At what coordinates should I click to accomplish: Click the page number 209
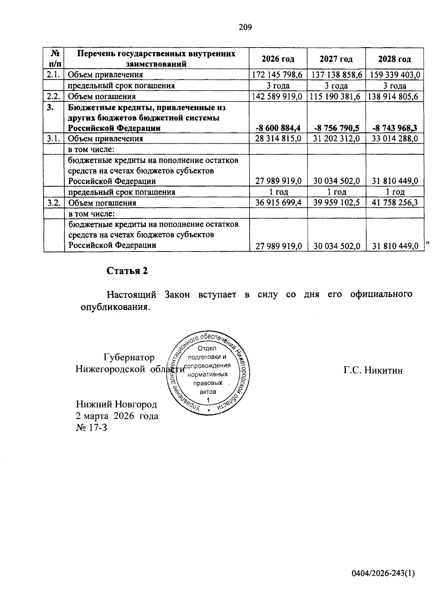245,27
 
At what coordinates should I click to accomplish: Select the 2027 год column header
336,59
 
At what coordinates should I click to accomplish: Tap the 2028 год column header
395,59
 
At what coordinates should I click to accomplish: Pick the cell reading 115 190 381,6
336,97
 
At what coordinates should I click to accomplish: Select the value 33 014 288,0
395,139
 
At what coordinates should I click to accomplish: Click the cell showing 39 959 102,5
336,203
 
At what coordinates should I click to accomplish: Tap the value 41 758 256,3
395,203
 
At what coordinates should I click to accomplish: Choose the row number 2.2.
53,97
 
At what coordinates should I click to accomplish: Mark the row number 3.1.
53,139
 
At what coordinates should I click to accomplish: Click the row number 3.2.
53,203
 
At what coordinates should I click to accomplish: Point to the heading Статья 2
127,271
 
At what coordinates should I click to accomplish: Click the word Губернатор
129,358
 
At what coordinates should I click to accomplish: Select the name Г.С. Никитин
373,371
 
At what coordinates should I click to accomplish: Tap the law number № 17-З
92,428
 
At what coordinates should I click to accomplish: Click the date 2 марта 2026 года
117,416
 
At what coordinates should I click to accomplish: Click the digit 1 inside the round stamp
208,400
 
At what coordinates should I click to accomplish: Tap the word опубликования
115,307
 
